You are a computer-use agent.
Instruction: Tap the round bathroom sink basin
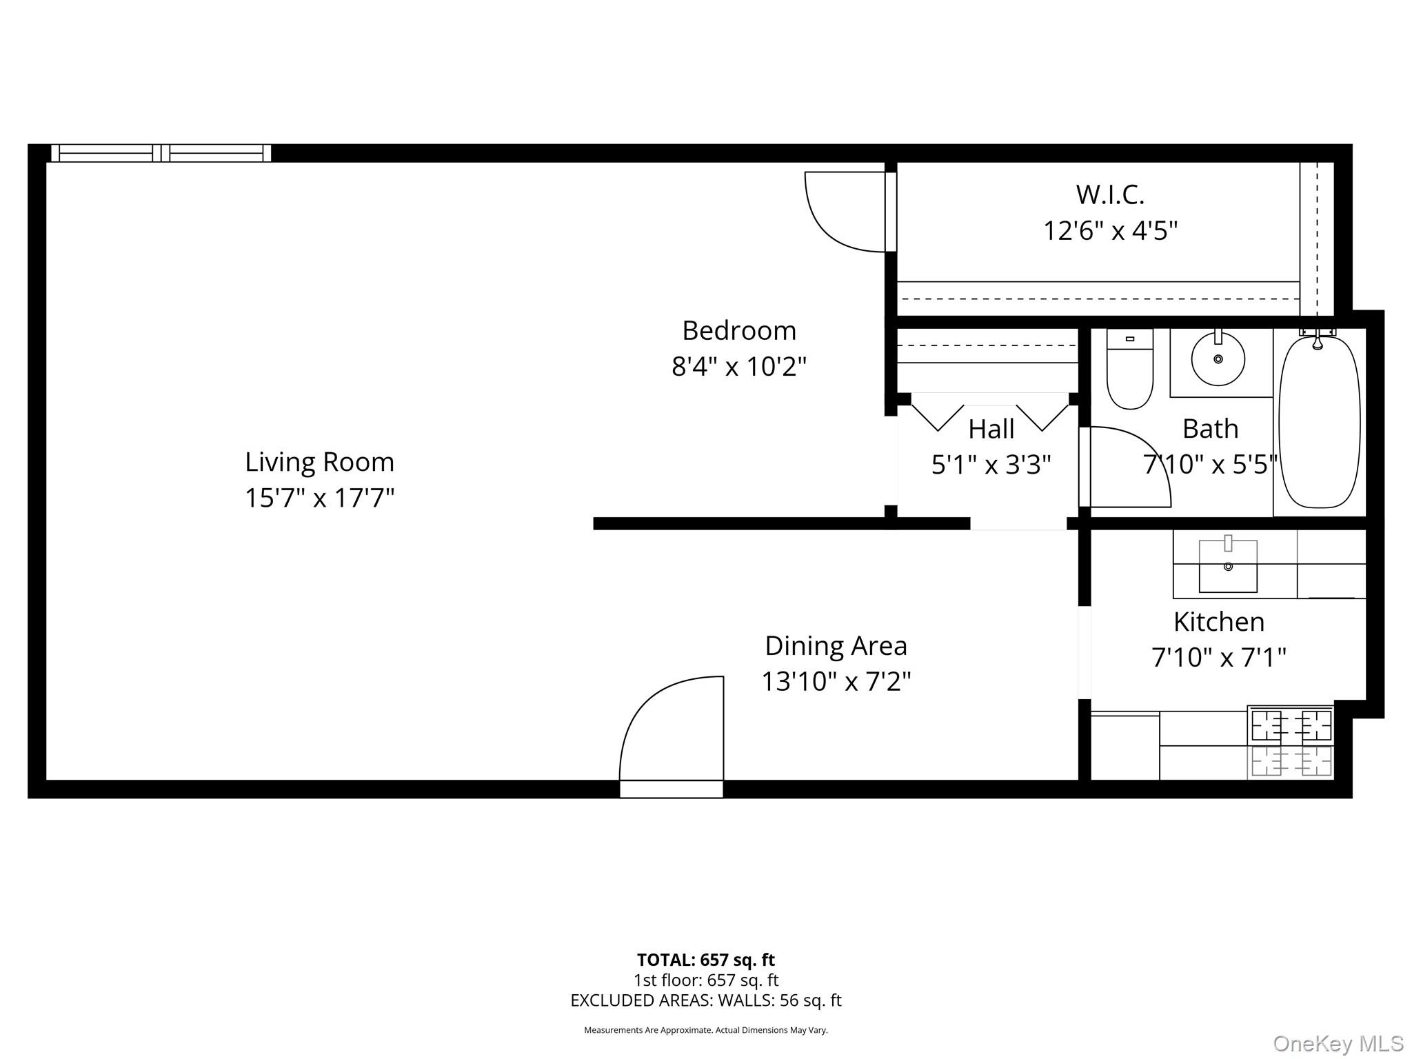(1218, 359)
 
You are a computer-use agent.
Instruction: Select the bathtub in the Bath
(1319, 422)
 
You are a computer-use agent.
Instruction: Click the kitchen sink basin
(1228, 566)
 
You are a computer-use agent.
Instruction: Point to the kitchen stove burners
(1291, 743)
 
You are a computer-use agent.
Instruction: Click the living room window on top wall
(161, 153)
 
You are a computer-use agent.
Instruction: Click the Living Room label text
(319, 462)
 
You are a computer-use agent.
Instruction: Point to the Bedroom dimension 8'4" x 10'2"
(739, 366)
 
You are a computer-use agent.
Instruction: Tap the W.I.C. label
(1110, 195)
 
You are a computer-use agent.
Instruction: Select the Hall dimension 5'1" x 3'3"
(991, 465)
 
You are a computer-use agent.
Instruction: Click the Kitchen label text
(1219, 622)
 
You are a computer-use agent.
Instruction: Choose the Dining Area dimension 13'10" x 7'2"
(836, 682)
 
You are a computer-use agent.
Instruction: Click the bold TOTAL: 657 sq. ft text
(706, 960)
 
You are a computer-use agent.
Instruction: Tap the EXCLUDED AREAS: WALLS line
(706, 1000)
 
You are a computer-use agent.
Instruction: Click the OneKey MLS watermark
(1338, 1044)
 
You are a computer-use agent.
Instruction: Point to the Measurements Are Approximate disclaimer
(706, 1030)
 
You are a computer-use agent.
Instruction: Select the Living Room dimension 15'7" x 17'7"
(319, 498)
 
